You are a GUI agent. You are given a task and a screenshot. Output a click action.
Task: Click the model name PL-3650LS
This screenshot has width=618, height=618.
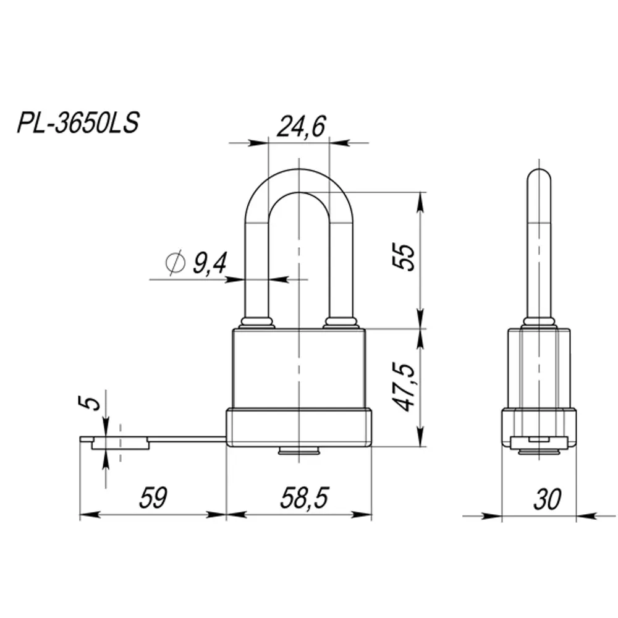[78, 122]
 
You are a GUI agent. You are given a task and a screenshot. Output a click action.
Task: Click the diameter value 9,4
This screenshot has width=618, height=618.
[210, 264]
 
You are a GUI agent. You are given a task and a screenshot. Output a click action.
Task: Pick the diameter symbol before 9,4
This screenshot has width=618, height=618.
[176, 264]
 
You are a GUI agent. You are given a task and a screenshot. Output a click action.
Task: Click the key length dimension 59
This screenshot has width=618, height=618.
[153, 498]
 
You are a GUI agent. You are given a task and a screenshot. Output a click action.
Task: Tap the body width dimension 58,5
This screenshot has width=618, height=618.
[305, 498]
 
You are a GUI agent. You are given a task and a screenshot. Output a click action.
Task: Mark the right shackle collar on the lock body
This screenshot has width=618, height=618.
[341, 322]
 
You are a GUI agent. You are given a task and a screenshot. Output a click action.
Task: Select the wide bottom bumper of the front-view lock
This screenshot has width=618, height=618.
[298, 428]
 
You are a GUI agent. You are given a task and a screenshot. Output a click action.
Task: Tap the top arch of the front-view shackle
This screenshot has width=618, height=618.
[298, 179]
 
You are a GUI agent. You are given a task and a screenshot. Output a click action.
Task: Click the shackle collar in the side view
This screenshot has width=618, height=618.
[539, 322]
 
